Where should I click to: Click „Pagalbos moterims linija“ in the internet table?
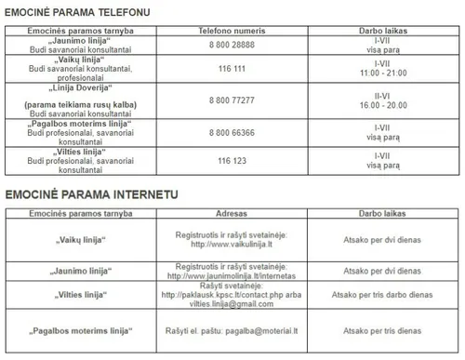78,330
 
